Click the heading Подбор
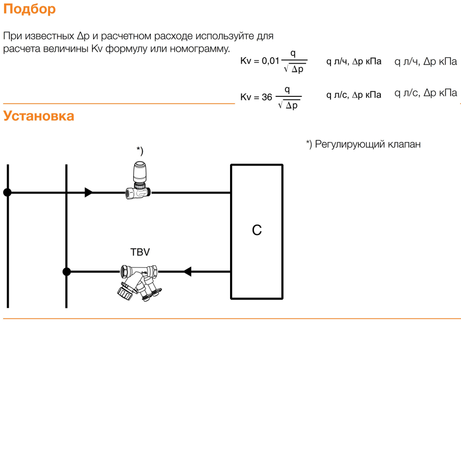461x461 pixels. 30,9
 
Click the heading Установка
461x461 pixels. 39,116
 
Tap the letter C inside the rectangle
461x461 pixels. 257,230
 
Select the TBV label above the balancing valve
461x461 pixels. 140,252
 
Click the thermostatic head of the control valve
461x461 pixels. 139,171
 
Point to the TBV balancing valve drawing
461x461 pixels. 139,283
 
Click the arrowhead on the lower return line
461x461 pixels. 187,272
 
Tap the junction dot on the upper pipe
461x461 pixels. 7,193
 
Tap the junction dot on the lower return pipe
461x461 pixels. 67,272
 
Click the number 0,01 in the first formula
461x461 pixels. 270,61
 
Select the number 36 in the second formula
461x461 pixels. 267,97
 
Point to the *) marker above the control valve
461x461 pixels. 140,151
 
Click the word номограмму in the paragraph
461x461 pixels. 200,49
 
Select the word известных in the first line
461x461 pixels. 49,36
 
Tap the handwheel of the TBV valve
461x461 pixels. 125,292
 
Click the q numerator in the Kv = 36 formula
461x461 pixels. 287,90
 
